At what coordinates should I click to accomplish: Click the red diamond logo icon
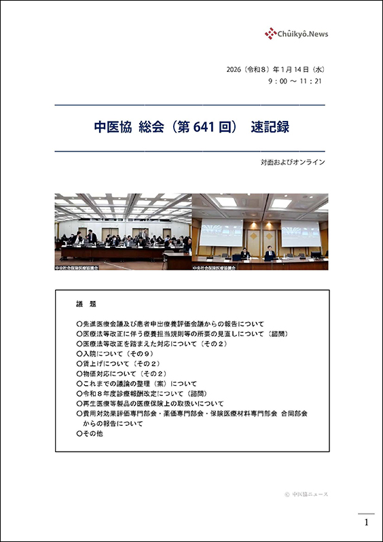[x=270, y=33]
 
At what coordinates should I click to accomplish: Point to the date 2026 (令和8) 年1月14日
[x=268, y=69]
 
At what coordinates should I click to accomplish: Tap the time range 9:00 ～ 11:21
[x=295, y=81]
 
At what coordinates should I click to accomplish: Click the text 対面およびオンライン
[x=293, y=162]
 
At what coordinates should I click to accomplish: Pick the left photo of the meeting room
[x=124, y=232]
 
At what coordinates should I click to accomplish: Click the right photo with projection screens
[x=260, y=232]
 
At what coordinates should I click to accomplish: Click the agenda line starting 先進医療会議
[x=170, y=324]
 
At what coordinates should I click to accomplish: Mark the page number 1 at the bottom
[x=367, y=522]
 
